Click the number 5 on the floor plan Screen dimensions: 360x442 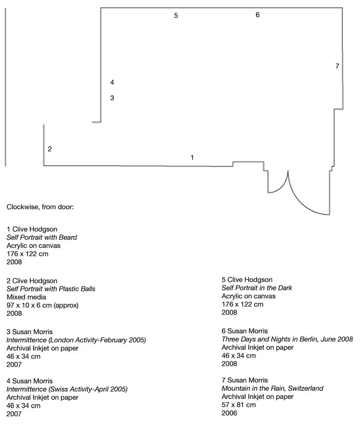[176, 16]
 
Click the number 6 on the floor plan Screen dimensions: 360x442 [257, 15]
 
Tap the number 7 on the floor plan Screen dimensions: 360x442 [337, 66]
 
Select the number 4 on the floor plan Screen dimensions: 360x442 [112, 82]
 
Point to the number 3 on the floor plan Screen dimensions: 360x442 [112, 98]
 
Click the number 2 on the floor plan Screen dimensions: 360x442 [50, 149]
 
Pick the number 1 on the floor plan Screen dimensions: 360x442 [192, 157]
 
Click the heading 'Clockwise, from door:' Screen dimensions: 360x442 [40, 207]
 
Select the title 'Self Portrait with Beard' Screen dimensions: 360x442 [42, 237]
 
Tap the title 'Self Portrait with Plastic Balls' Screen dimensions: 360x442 [51, 289]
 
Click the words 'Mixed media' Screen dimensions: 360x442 [26, 297]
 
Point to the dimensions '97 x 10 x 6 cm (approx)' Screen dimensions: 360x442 [42, 305]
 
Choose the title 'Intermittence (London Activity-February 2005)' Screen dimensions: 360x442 [76, 340]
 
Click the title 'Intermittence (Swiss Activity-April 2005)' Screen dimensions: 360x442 [67, 389]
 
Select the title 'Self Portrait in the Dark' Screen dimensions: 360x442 [257, 288]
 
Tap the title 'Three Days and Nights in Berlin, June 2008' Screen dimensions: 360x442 [287, 339]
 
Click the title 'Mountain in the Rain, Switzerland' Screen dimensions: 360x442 [272, 389]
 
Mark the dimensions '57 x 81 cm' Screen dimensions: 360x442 [238, 405]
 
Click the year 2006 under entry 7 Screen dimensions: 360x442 [229, 413]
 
